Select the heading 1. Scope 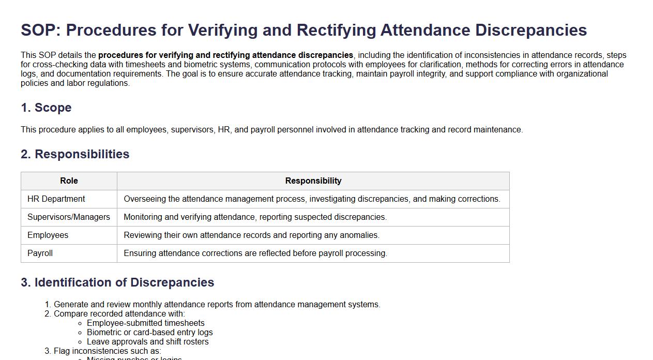[x=46, y=108]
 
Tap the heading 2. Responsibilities [x=75, y=154]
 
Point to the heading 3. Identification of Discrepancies [x=117, y=282]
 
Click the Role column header [x=69, y=181]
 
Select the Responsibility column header [x=313, y=181]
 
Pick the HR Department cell [x=56, y=199]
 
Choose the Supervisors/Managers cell [x=68, y=217]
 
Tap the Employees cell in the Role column [x=48, y=235]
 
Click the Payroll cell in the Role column [x=40, y=253]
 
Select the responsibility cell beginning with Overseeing [x=312, y=199]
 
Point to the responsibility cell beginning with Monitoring [x=255, y=217]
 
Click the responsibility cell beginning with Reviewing [x=251, y=235]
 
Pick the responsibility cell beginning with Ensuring [x=255, y=253]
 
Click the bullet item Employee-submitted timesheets [x=145, y=323]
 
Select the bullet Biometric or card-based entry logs [x=149, y=333]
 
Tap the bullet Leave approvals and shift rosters [x=147, y=342]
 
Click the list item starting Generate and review [x=217, y=305]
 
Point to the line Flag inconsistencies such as [x=107, y=351]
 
